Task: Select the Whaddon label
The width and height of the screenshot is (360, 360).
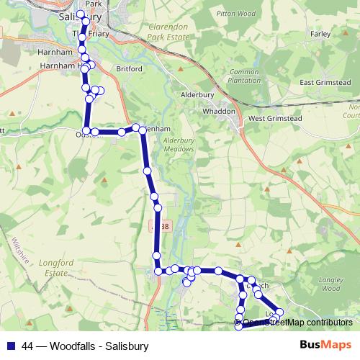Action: click(220, 112)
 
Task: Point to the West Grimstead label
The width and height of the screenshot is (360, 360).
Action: click(273, 117)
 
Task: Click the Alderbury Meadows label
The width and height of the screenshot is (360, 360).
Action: click(179, 145)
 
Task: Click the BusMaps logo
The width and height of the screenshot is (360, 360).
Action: click(324, 346)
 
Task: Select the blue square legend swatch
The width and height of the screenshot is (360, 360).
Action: click(10, 346)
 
